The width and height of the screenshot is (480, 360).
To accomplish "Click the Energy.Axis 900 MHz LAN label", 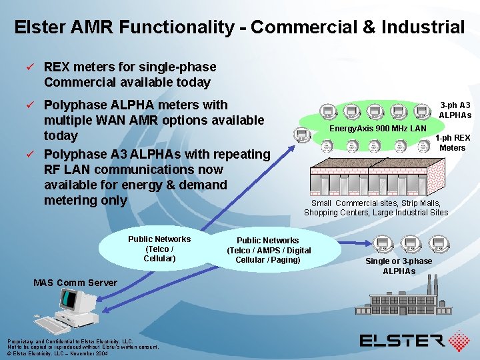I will point(377,128).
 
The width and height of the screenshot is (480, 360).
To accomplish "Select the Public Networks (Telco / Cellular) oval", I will point(159,249).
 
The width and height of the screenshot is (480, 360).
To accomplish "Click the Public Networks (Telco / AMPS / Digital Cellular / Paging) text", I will point(269,250).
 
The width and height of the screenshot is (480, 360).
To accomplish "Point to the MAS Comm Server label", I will point(75,283).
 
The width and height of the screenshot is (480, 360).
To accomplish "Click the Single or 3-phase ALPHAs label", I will point(399,265).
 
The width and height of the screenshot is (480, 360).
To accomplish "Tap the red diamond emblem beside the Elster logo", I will point(459,341).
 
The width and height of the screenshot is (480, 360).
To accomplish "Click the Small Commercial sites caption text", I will point(376,207).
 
